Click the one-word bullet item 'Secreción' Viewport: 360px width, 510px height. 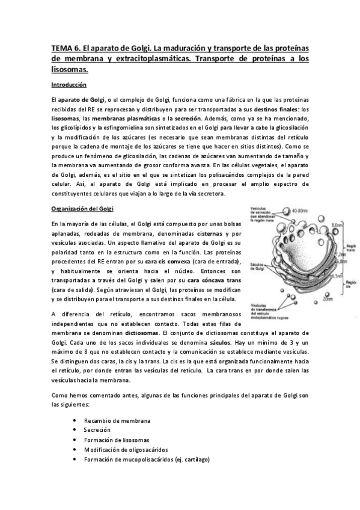click(97, 430)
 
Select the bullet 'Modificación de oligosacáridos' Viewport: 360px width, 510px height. click(126, 449)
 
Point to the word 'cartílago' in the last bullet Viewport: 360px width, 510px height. click(192, 459)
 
